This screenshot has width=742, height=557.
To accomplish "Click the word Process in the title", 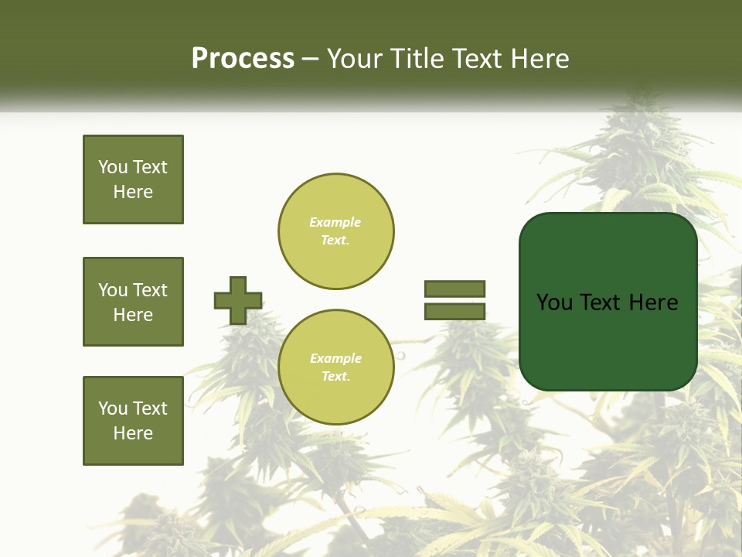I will [243, 59].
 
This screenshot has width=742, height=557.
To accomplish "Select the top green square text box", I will [133, 179].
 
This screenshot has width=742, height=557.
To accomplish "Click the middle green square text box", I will [133, 302].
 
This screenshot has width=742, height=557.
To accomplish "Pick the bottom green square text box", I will [133, 421].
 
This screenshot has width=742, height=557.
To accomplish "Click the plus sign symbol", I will [238, 300].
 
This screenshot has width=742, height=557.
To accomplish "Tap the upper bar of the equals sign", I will [454, 289].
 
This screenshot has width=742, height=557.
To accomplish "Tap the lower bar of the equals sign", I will [454, 312].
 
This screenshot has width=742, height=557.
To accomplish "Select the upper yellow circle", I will [335, 231].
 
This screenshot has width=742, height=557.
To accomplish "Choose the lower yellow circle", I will [335, 367].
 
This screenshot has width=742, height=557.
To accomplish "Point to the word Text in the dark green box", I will [603, 302].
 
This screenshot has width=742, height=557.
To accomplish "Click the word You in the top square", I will [113, 167].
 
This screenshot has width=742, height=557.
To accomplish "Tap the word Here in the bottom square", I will [133, 433].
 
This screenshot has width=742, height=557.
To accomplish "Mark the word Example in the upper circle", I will [335, 222].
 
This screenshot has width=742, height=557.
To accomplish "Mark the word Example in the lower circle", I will [335, 358].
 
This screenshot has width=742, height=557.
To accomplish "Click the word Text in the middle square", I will [150, 290].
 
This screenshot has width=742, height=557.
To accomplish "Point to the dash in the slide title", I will [310, 60].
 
